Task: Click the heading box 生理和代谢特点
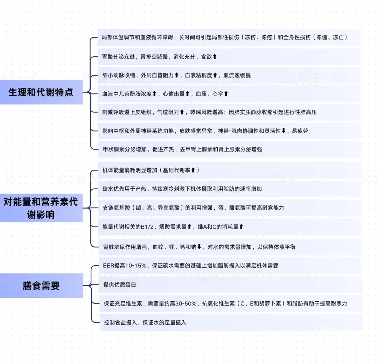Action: click(41, 92)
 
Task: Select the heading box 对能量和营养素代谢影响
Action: click(41, 208)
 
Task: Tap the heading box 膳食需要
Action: click(41, 286)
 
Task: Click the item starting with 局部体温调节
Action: click(224, 37)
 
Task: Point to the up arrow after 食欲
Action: click(215, 56)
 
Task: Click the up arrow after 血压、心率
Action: click(226, 94)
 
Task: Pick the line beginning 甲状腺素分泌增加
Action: click(182, 149)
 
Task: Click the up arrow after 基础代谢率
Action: click(193, 170)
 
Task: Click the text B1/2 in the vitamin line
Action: click(153, 227)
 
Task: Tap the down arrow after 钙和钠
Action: click(199, 247)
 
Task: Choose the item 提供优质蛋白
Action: click(120, 285)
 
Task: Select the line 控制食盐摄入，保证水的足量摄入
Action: click(145, 322)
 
